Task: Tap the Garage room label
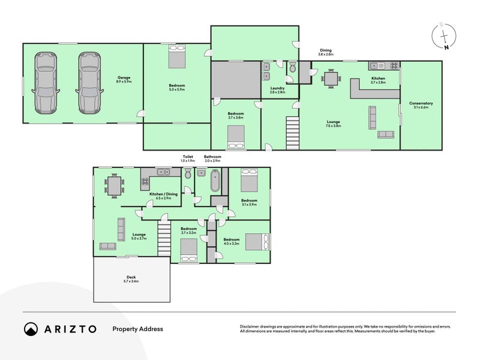pyautogui.click(x=124, y=79)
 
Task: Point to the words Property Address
pyautogui.click(x=137, y=329)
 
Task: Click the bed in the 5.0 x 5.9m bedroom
pyautogui.click(x=176, y=58)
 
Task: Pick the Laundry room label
pyautogui.click(x=277, y=89)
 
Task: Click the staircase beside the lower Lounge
pyautogui.click(x=164, y=238)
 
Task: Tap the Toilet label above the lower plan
pyautogui.click(x=188, y=158)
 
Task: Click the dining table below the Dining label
pyautogui.click(x=331, y=78)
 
